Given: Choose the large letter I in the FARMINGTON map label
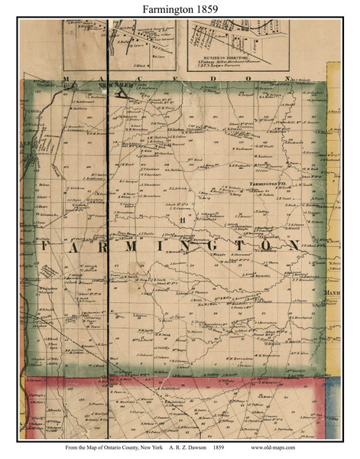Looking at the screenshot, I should click(167, 246).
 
